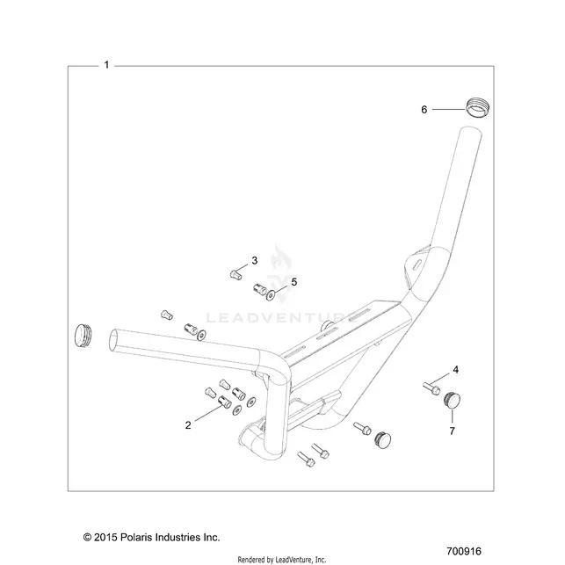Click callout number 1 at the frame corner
[x=106, y=65]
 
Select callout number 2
[x=188, y=425]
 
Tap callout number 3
[x=255, y=260]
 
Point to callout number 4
[x=456, y=370]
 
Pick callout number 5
[x=294, y=282]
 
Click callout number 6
[x=424, y=109]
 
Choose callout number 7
[x=453, y=431]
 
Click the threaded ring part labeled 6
[x=478, y=107]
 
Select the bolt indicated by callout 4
[x=431, y=388]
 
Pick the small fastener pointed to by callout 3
[x=235, y=275]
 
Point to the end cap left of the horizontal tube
[x=83, y=336]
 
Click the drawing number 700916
[x=464, y=552]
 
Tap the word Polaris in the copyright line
[x=135, y=537]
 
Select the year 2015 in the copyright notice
[x=105, y=537]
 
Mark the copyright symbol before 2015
[x=87, y=538]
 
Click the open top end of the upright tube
[x=471, y=131]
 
